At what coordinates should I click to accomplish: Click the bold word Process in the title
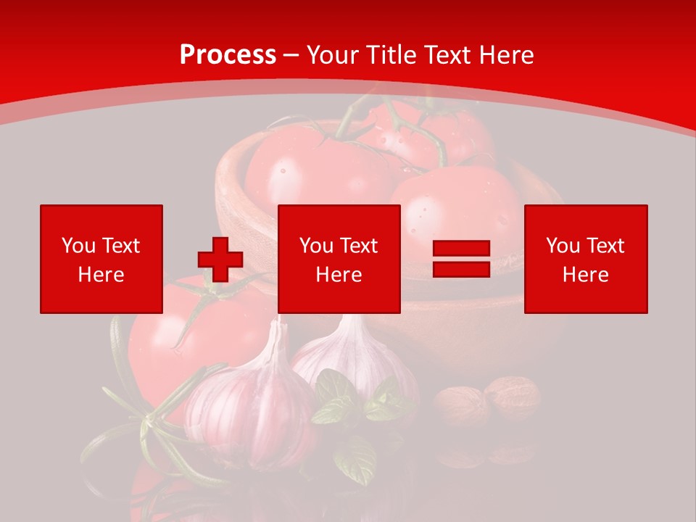[228, 55]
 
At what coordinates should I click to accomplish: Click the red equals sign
[461, 260]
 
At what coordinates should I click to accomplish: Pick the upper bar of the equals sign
[461, 249]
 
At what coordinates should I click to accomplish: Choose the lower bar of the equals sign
[461, 269]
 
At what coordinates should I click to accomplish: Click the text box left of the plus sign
[101, 259]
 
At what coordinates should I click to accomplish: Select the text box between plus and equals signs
[339, 259]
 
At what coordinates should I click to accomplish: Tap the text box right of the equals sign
[585, 259]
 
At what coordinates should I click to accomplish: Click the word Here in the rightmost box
[585, 275]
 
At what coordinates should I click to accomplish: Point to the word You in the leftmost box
[78, 246]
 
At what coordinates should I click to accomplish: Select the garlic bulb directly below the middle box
[348, 355]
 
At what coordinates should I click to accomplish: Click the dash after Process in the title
[291, 55]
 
